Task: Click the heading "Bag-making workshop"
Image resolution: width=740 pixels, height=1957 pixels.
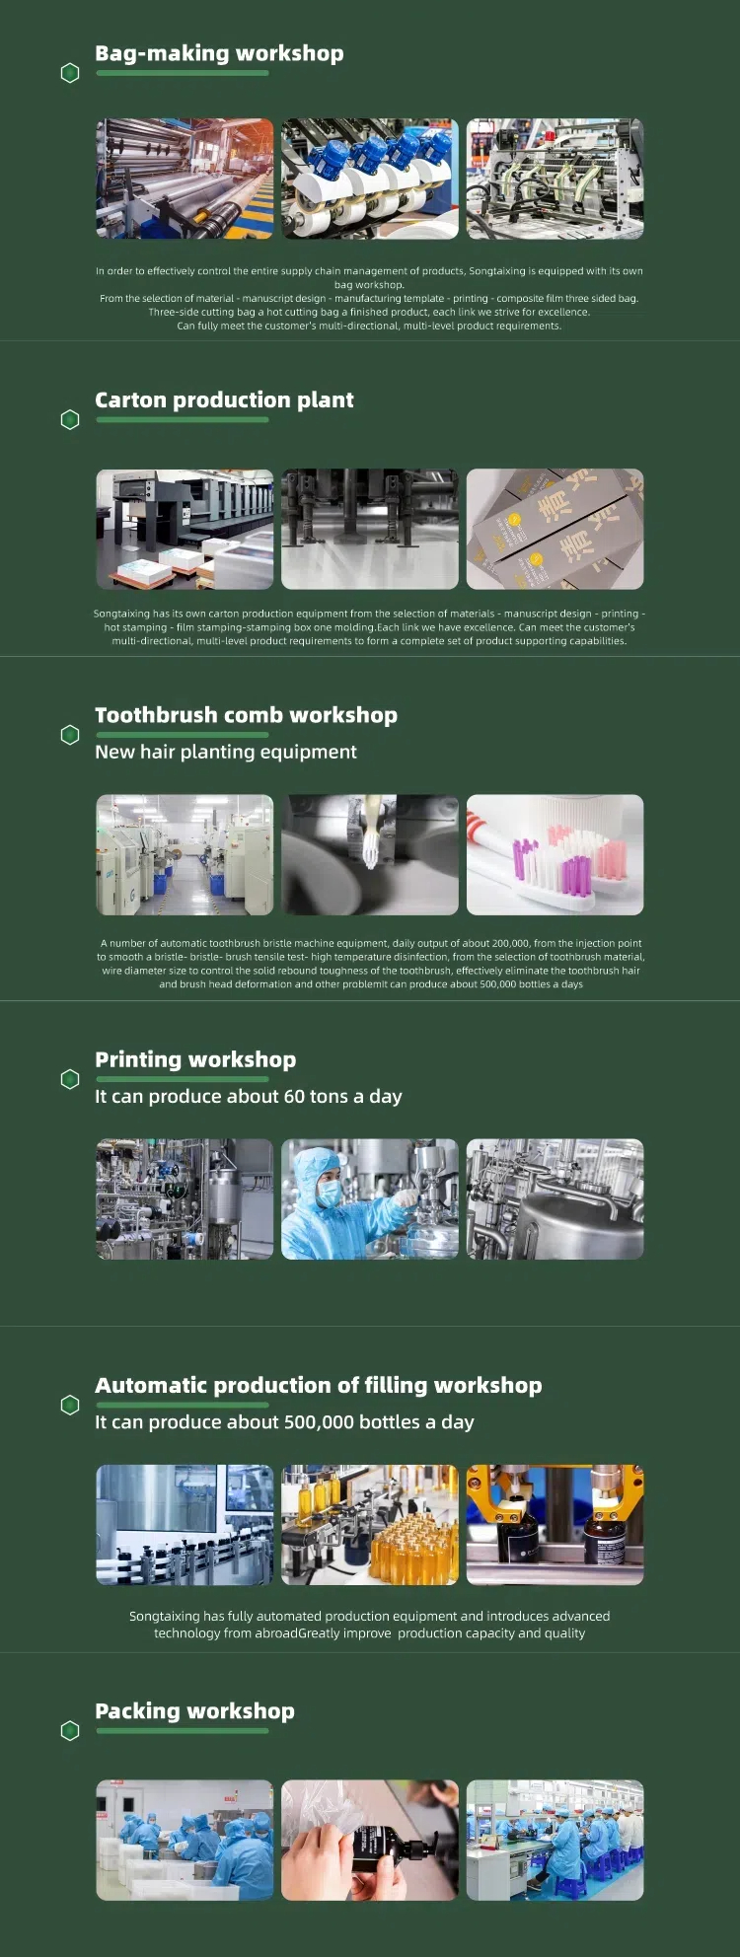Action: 219,53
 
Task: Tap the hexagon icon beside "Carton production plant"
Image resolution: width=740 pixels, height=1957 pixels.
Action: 70,420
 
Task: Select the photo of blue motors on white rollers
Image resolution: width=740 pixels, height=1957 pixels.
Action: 370,179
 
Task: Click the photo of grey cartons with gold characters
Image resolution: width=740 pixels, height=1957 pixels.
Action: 555,529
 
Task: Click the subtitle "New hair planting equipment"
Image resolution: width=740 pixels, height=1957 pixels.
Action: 226,752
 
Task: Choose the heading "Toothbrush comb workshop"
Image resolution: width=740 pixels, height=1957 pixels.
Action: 246,715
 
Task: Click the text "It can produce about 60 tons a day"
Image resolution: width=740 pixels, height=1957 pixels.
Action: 249,1096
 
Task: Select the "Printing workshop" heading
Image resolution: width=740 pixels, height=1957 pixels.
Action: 195,1059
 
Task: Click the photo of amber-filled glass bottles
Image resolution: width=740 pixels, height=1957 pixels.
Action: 370,1525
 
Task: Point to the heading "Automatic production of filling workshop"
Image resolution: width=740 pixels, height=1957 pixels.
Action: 319,1385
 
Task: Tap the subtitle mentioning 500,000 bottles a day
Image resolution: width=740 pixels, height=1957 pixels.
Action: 284,1422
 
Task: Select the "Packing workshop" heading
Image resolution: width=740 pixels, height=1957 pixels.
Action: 194,1711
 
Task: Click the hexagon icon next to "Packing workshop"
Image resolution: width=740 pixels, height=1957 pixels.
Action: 70,1731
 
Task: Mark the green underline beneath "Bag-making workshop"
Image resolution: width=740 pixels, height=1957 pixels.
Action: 183,73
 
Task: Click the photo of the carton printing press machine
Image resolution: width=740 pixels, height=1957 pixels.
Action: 185,529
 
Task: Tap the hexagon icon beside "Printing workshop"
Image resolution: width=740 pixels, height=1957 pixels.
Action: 70,1079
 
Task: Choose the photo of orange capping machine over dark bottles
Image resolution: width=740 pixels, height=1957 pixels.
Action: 555,1525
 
